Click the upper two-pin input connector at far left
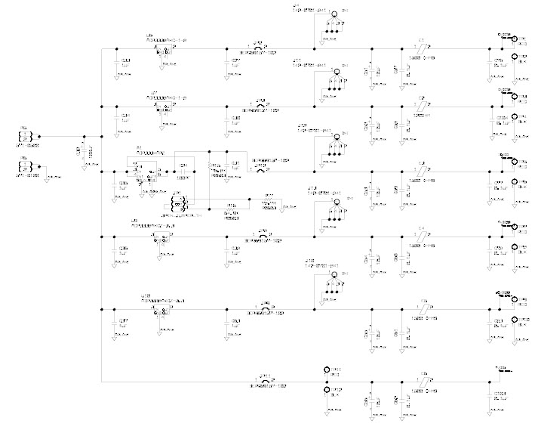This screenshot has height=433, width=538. pos(23,137)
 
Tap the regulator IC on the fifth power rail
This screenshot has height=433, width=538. pos(161,310)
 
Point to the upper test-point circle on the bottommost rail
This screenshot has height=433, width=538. pos(327,371)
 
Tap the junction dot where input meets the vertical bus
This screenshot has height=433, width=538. pos(101,137)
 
